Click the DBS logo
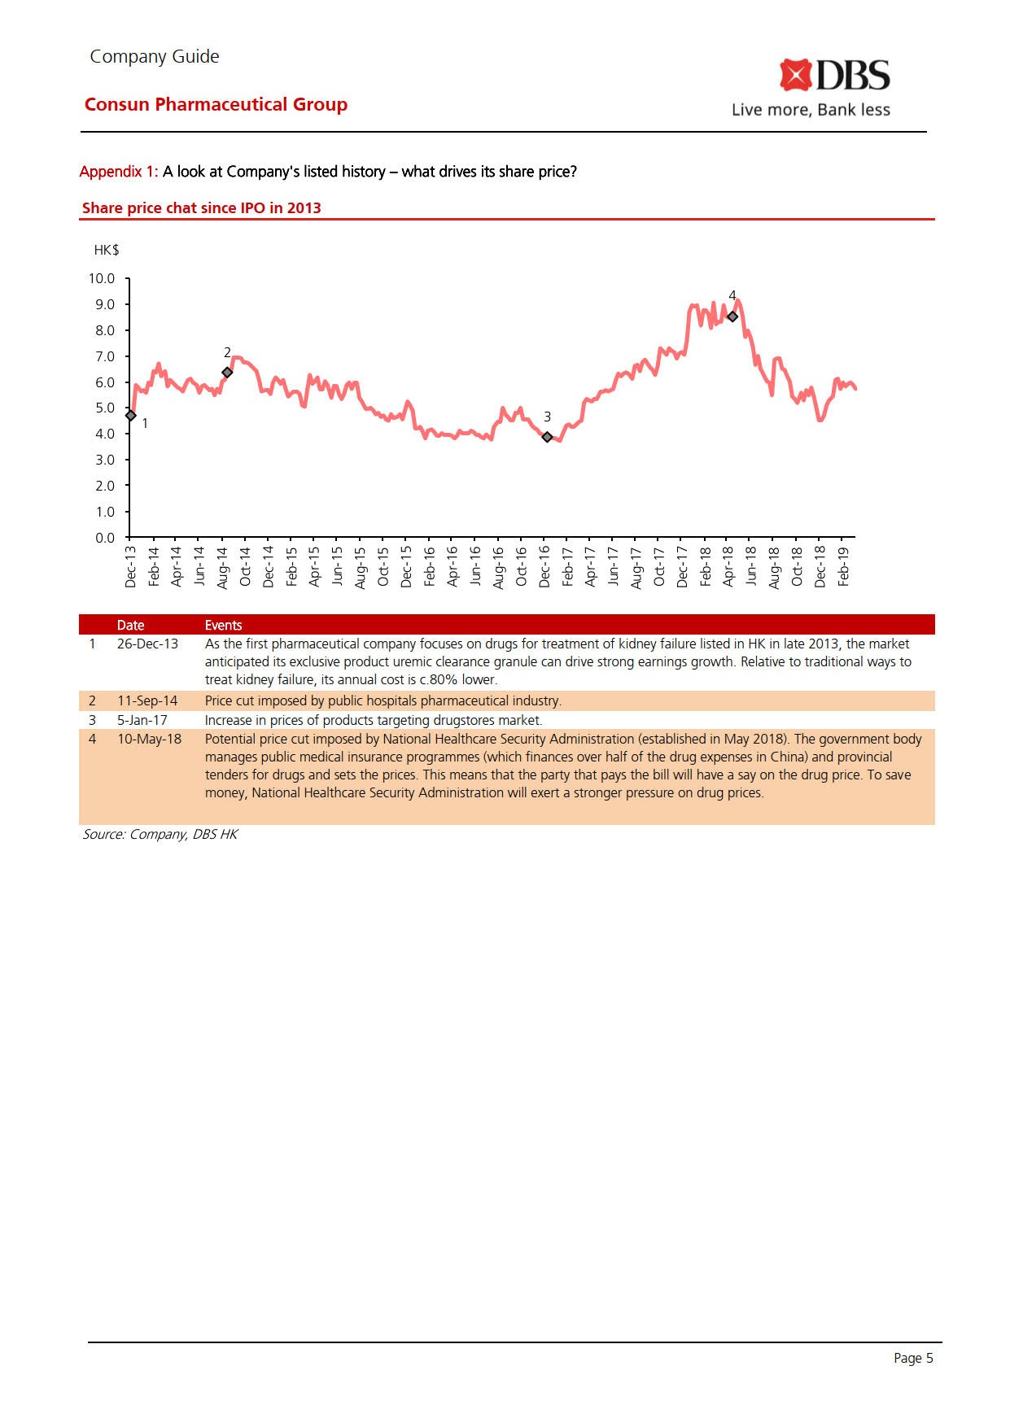pyautogui.click(x=834, y=76)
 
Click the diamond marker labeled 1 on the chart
pyautogui.click(x=130, y=416)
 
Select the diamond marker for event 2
pyautogui.click(x=227, y=373)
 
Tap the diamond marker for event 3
pyautogui.click(x=547, y=437)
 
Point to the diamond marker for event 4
pyautogui.click(x=732, y=316)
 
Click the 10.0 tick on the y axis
pyautogui.click(x=102, y=278)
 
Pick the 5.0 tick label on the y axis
pyautogui.click(x=105, y=408)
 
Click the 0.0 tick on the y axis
pyautogui.click(x=105, y=538)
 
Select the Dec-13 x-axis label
pyautogui.click(x=130, y=566)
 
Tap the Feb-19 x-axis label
pyautogui.click(x=843, y=566)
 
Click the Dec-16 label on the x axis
pyautogui.click(x=544, y=566)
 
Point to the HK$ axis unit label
pyautogui.click(x=107, y=250)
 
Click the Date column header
pyautogui.click(x=130, y=625)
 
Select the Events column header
pyautogui.click(x=223, y=625)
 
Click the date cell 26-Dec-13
pyautogui.click(x=147, y=644)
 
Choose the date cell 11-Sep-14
pyautogui.click(x=147, y=700)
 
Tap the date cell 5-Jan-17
pyautogui.click(x=142, y=720)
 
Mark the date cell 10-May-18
pyautogui.click(x=149, y=739)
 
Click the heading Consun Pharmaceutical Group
pyautogui.click(x=216, y=104)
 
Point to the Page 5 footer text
pyautogui.click(x=913, y=1358)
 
